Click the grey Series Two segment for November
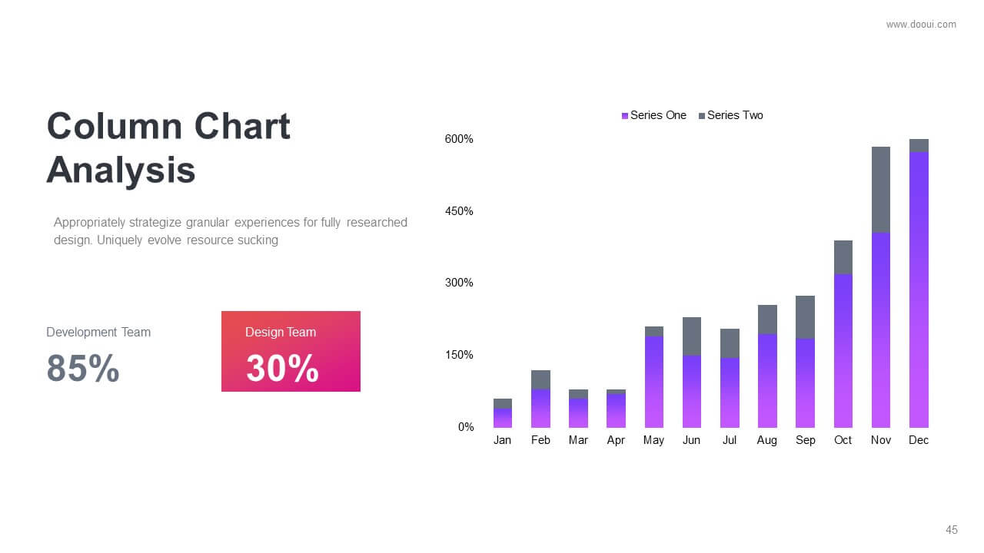[881, 190]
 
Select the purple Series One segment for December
[919, 290]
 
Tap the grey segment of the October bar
[843, 257]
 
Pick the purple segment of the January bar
[503, 419]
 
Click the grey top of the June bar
[692, 336]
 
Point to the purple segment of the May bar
[654, 382]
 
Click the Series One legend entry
[653, 115]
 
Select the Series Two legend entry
[731, 115]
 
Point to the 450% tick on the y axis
[459, 211]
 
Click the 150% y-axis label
[459, 355]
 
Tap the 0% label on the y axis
[466, 427]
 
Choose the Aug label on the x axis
[767, 440]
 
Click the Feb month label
[540, 440]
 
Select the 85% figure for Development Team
[83, 368]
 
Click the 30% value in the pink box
[282, 368]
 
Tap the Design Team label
[281, 333]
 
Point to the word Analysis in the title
[121, 171]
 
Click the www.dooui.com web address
[921, 25]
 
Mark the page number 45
[952, 530]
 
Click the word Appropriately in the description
[90, 223]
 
